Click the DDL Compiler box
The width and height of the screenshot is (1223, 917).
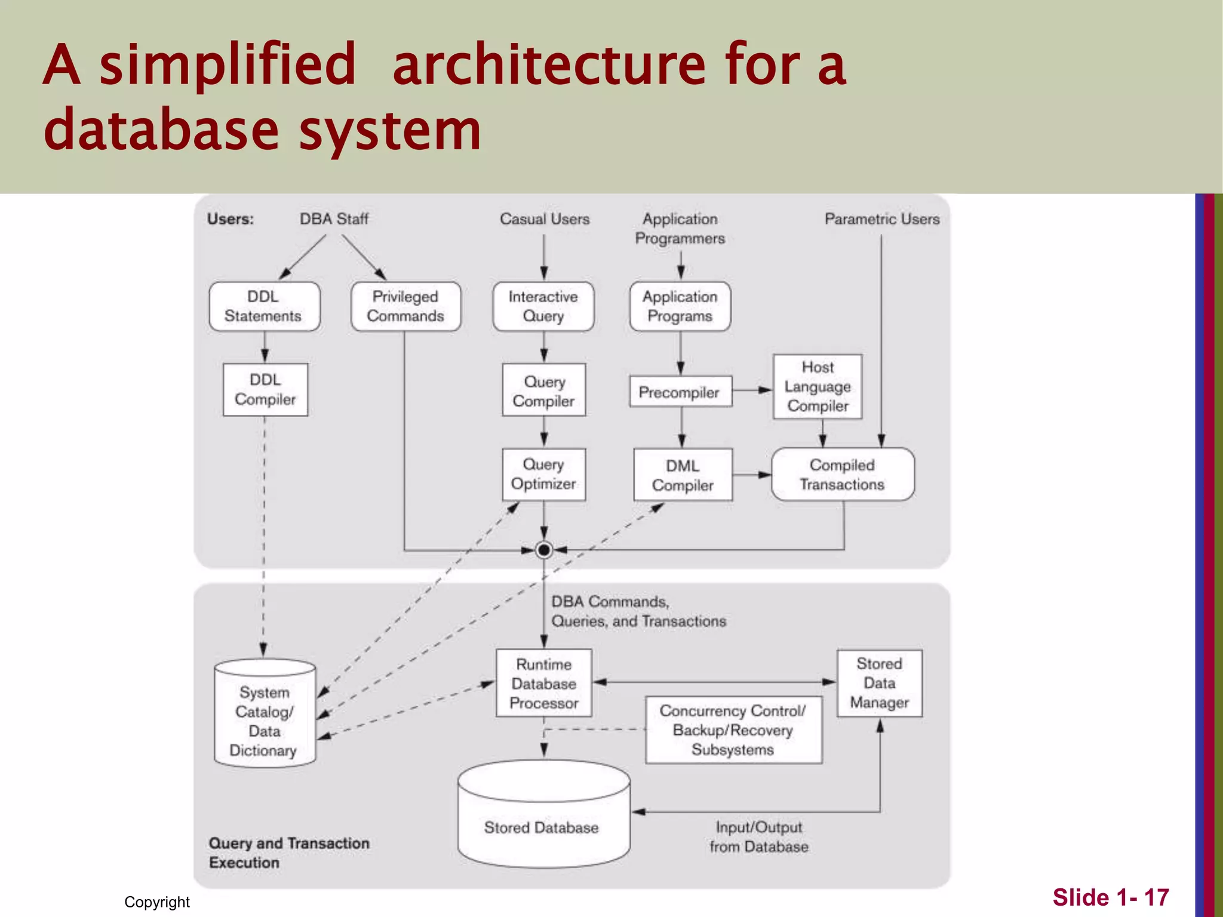coord(265,389)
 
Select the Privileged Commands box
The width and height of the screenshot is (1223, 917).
coord(405,306)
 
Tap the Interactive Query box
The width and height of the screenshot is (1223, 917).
coord(543,306)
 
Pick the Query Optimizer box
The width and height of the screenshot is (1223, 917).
coord(543,474)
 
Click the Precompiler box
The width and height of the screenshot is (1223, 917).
coord(680,392)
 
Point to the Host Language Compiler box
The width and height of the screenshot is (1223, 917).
coord(817,386)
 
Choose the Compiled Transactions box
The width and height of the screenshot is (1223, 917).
coord(842,474)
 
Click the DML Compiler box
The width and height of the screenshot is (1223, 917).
coord(683,475)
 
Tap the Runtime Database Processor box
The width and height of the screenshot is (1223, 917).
coord(543,683)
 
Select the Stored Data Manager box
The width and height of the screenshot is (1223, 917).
coord(879,683)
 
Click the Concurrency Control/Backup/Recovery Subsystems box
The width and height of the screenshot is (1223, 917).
coord(733,730)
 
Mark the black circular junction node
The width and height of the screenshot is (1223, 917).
coord(543,549)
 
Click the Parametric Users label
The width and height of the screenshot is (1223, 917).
coord(881,219)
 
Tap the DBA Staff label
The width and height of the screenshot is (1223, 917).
coord(334,219)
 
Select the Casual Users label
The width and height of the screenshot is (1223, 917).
coord(544,219)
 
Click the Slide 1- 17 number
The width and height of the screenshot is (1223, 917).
coord(1110,897)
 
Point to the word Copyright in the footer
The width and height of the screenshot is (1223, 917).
coord(156,901)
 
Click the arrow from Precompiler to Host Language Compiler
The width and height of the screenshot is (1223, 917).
coord(752,390)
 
